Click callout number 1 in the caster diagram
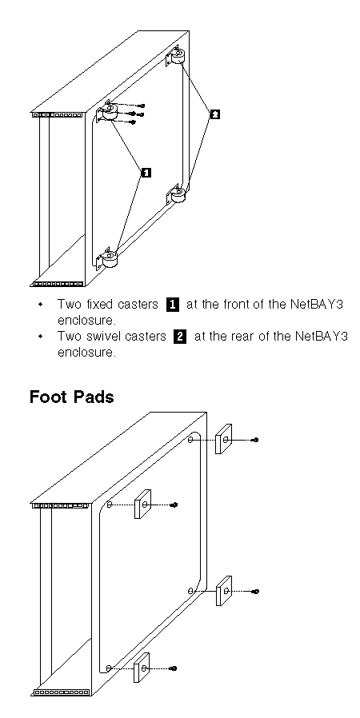click(x=146, y=172)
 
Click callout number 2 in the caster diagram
click(x=214, y=114)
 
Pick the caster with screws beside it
click(x=107, y=111)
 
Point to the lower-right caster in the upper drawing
click(x=176, y=194)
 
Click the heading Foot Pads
click(x=72, y=397)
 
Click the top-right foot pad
click(x=223, y=439)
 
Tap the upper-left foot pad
click(x=142, y=504)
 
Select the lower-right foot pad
click(x=223, y=591)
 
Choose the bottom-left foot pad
click(x=142, y=668)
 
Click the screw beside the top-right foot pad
click(x=255, y=440)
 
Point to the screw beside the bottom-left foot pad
click(x=173, y=668)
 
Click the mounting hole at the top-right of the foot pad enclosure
click(x=190, y=440)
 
